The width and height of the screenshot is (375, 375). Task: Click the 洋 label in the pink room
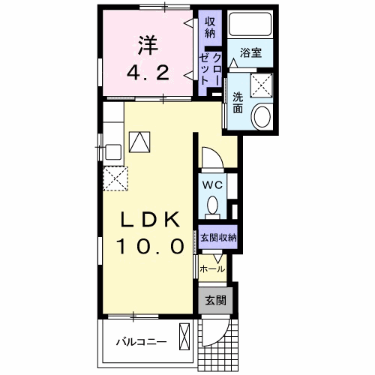[146, 44]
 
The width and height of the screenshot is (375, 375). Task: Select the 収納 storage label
[210, 27]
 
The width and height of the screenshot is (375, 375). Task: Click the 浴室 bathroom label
[250, 53]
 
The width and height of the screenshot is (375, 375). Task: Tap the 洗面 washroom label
[238, 102]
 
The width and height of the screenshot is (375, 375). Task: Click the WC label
[209, 184]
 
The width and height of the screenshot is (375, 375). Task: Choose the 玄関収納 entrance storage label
[217, 238]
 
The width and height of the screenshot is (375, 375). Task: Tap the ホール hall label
[212, 268]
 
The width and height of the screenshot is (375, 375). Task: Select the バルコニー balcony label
[141, 342]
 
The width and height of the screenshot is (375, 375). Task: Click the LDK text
[150, 220]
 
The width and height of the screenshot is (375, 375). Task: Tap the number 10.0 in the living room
[150, 247]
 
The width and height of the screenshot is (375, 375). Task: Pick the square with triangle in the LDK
[139, 142]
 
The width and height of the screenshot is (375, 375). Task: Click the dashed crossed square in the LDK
[116, 179]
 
